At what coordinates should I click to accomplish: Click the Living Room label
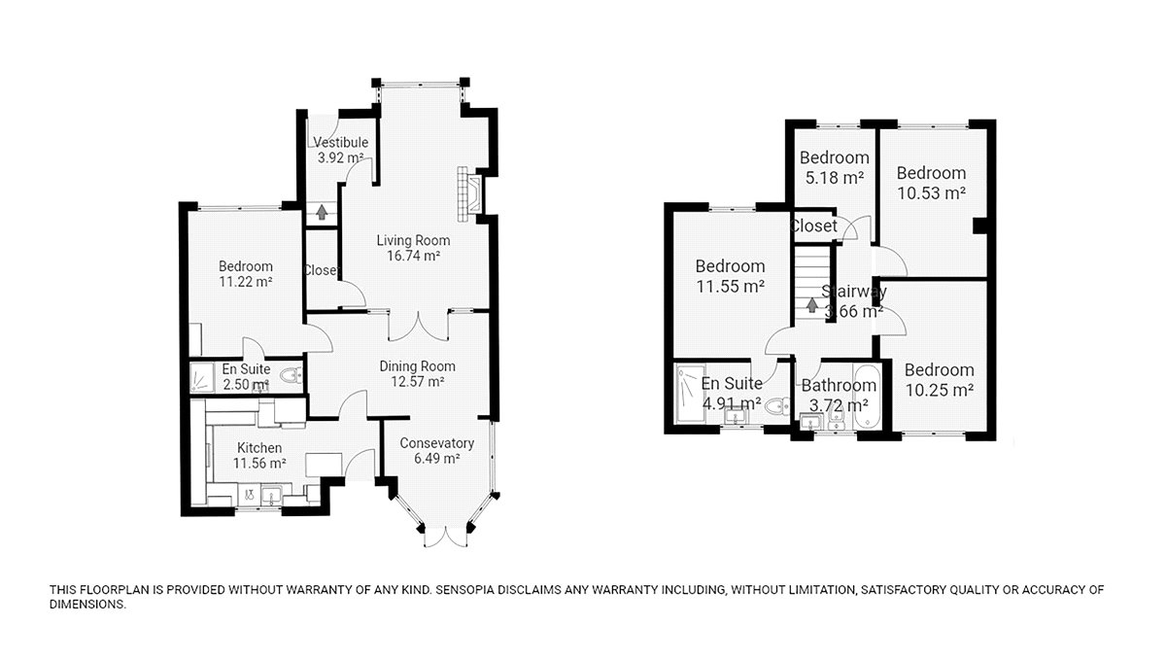click(x=413, y=241)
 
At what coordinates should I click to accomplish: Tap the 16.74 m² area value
click(x=413, y=256)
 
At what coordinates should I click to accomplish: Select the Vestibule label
click(x=340, y=142)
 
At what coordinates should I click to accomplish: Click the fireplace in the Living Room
click(x=469, y=194)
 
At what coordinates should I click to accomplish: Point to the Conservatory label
click(x=436, y=443)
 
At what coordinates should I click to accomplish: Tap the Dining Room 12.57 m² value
click(x=418, y=382)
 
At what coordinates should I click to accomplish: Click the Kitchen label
click(x=259, y=448)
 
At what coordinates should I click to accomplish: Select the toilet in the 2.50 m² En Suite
click(x=291, y=374)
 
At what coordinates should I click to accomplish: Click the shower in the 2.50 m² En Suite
click(x=199, y=377)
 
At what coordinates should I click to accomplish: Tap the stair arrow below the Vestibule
click(x=322, y=212)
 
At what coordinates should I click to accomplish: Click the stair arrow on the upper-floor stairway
click(x=811, y=305)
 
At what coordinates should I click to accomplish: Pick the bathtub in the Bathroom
click(x=866, y=397)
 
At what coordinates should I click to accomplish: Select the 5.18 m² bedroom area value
click(x=835, y=178)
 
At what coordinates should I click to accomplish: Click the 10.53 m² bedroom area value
click(x=931, y=193)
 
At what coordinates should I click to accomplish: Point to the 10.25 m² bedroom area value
click(x=939, y=390)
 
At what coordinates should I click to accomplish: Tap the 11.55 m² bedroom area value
click(x=731, y=287)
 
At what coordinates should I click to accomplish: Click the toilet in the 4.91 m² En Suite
click(x=778, y=405)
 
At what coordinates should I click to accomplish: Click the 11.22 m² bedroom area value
click(x=246, y=282)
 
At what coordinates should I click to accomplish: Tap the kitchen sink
click(x=271, y=494)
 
